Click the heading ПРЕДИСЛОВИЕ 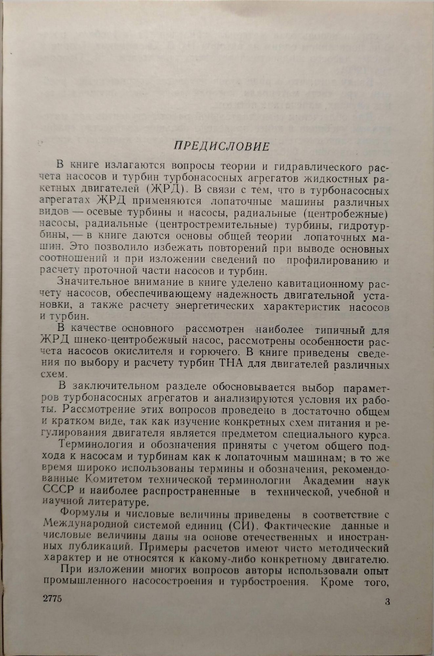pyautogui.click(x=221, y=145)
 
